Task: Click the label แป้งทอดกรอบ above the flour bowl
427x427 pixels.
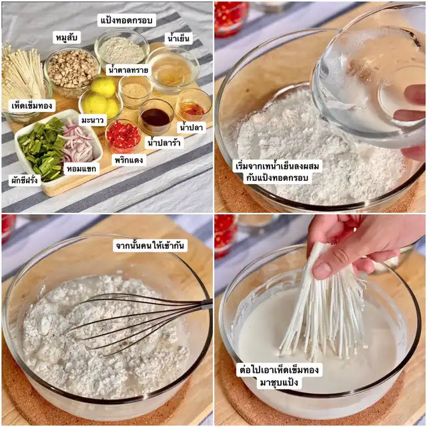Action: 127,20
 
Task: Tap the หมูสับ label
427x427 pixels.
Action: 67,37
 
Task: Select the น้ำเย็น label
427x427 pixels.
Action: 178,38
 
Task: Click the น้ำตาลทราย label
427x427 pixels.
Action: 128,69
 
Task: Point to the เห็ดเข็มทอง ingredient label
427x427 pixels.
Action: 32,105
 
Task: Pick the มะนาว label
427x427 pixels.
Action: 93,120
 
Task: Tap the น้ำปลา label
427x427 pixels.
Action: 191,127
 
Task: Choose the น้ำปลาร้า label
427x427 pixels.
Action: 164,142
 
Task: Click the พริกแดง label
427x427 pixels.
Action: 129,159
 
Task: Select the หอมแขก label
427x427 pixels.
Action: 81,169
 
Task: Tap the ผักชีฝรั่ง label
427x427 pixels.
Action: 25,180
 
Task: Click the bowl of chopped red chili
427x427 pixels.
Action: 123,135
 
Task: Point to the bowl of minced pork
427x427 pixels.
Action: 72,71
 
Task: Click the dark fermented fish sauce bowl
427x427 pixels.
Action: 155,116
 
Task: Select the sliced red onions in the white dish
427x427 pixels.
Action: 79,143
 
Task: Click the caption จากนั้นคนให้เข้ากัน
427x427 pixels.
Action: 149,246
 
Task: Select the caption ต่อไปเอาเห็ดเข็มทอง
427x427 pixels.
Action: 279,370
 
